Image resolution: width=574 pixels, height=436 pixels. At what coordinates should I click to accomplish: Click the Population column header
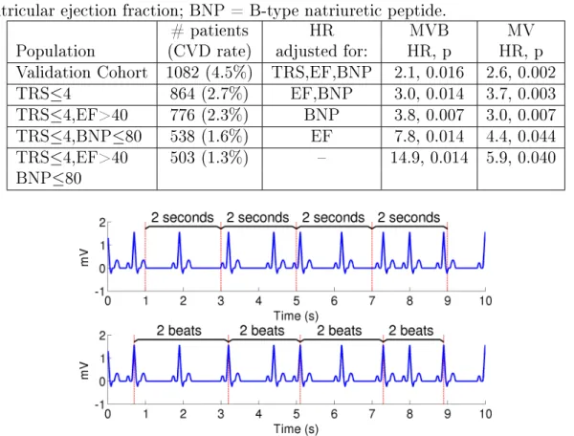[x=55, y=51]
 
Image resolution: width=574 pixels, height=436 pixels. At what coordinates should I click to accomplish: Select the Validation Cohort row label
[x=81, y=73]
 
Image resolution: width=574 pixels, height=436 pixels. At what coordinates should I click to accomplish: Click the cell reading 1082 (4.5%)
[x=210, y=73]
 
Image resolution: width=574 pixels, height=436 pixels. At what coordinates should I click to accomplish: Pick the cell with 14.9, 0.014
[x=429, y=158]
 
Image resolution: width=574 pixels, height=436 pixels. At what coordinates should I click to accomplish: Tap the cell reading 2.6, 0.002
[x=521, y=73]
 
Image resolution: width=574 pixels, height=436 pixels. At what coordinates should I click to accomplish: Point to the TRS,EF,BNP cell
[x=321, y=73]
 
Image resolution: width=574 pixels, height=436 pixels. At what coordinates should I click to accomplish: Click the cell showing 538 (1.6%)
[x=210, y=137]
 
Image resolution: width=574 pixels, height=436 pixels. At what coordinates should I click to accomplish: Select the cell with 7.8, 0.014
[x=429, y=137]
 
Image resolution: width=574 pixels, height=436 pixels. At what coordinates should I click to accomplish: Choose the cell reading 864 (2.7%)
[x=210, y=94]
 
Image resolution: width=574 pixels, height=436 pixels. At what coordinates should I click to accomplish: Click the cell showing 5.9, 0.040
[x=521, y=158]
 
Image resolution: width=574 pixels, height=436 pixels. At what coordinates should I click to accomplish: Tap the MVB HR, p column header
[x=429, y=40]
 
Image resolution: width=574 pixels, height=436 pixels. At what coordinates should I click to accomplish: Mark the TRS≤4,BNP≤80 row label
[x=78, y=137]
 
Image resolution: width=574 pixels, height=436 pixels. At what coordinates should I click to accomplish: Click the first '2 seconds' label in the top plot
[x=183, y=217]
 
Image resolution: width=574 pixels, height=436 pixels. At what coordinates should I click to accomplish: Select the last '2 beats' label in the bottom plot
[x=410, y=331]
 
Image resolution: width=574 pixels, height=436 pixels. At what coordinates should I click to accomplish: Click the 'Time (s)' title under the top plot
[x=297, y=316]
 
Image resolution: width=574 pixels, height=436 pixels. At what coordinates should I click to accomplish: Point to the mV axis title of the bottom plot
[x=84, y=370]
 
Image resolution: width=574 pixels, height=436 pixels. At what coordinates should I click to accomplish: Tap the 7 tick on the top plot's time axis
[x=372, y=301]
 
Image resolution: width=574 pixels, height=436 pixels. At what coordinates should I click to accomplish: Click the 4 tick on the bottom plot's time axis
[x=258, y=414]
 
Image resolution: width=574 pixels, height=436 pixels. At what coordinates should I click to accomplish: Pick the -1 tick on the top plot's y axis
[x=99, y=292]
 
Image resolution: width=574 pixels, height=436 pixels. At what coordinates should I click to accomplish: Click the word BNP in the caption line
[x=207, y=11]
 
